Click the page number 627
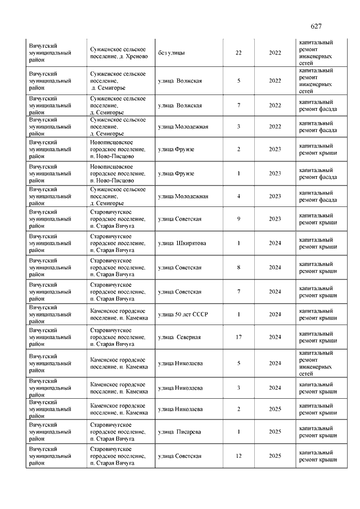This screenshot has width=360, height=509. [316, 27]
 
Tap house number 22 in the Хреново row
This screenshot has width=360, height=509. [238, 53]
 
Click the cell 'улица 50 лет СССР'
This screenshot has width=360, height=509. [183, 314]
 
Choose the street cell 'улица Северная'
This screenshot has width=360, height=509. [179, 337]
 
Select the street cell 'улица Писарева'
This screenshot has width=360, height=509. [179, 432]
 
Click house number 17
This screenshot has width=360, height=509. [238, 337]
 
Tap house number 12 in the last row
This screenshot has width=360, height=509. [238, 456]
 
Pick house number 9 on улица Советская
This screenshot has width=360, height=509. [238, 219]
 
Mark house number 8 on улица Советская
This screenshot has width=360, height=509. [238, 268]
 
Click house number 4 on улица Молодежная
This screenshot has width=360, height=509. [238, 196]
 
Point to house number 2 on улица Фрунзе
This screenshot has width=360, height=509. [238, 149]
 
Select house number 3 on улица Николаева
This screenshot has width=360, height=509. [238, 388]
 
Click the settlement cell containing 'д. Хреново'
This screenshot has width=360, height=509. [119, 53]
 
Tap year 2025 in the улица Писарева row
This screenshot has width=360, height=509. [275, 432]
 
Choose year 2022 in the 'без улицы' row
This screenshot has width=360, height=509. [275, 53]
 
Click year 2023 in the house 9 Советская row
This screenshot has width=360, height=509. [275, 219]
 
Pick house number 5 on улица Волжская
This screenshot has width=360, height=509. [238, 81]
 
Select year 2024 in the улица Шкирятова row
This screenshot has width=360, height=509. [275, 244]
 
